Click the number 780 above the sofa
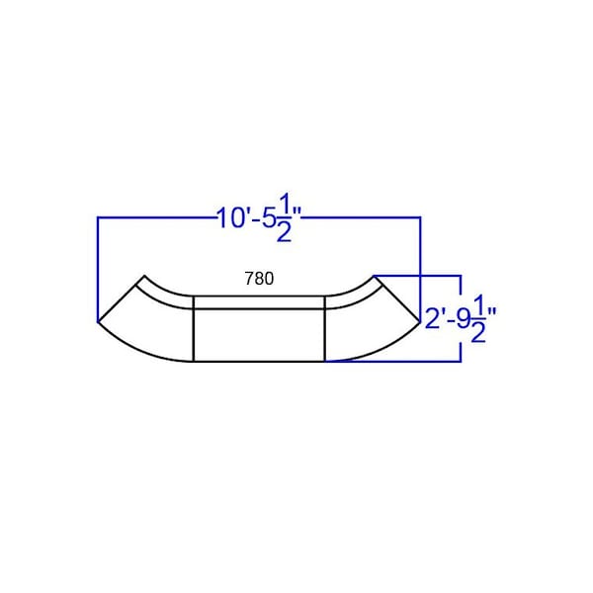point(259,279)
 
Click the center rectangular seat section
point(259,335)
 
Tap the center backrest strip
point(259,302)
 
